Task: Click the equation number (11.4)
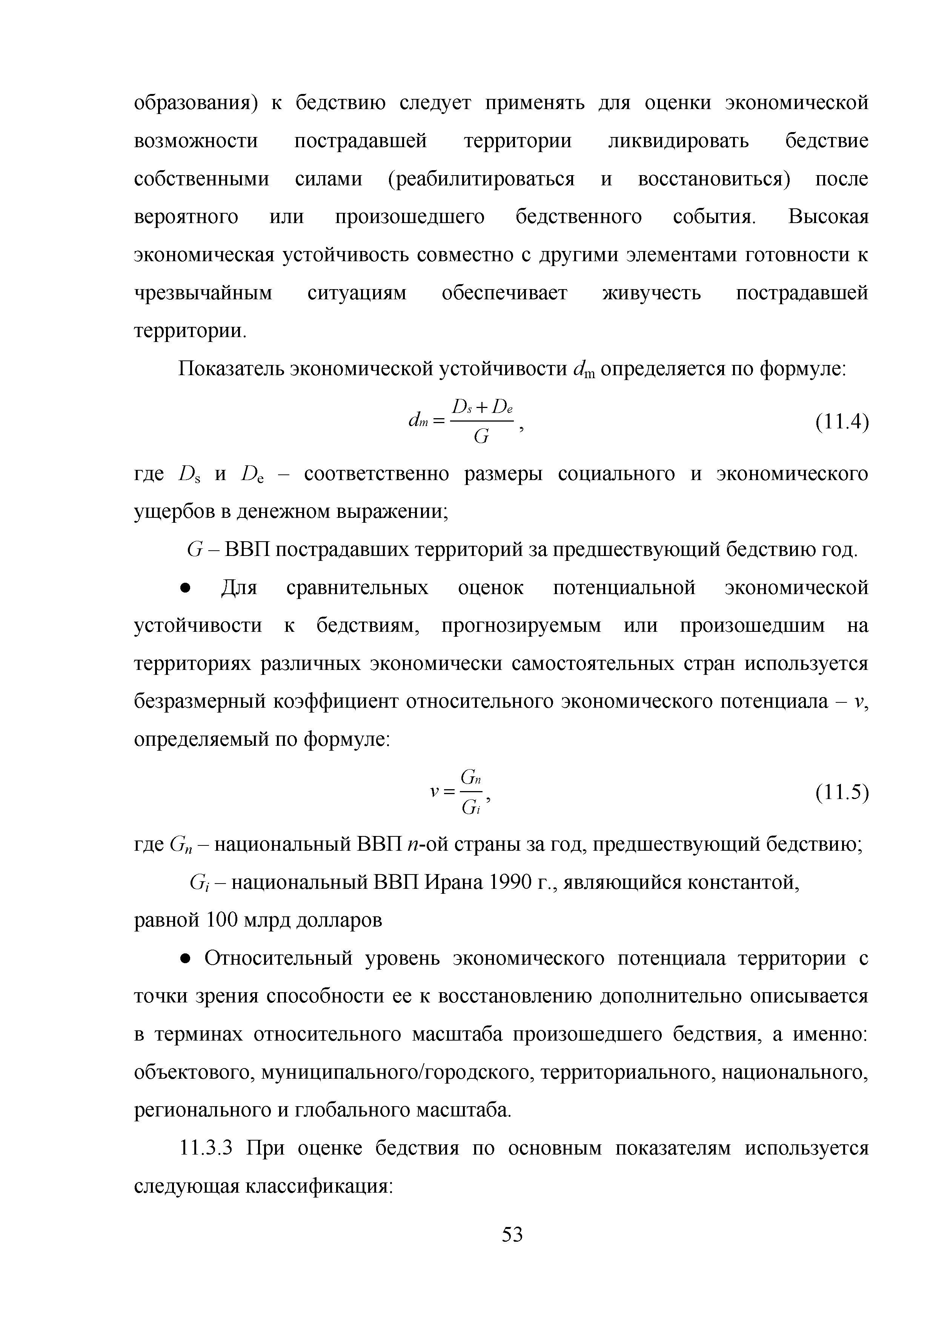[841, 423]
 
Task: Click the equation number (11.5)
[841, 793]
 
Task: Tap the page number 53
[512, 1234]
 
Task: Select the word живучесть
[652, 294]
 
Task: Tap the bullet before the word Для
[185, 588]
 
